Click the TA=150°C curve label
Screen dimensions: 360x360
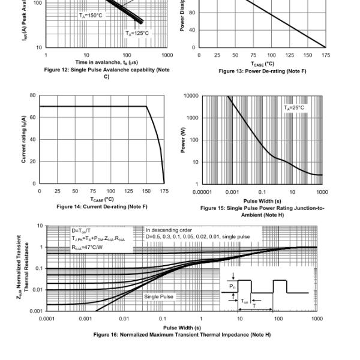[x=91, y=15]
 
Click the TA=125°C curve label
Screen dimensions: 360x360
[x=137, y=33]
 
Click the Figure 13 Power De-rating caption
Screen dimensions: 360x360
[x=262, y=71]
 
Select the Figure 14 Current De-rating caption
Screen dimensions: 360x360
[x=101, y=206]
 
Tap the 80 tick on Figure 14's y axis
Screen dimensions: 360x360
[x=32, y=95]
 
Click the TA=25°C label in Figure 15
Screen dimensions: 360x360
[x=295, y=107]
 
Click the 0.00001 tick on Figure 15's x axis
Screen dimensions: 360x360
[x=203, y=191]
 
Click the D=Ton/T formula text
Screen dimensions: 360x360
[x=83, y=230]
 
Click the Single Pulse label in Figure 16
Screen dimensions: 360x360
[x=159, y=296]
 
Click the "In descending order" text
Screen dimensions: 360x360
[x=170, y=230]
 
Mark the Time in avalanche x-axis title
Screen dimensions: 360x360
[x=107, y=62]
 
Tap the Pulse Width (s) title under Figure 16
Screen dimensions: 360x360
[x=182, y=327]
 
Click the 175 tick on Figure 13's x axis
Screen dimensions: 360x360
[x=326, y=55]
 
